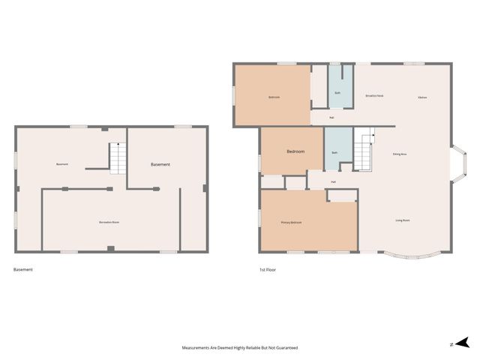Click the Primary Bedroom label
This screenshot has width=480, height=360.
(x=291, y=223)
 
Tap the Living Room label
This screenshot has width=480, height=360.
(x=403, y=220)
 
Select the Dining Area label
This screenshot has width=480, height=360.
(x=400, y=154)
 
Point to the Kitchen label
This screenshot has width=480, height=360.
(x=422, y=97)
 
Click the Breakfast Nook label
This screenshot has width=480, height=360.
(x=374, y=96)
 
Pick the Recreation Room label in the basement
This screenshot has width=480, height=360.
(x=109, y=222)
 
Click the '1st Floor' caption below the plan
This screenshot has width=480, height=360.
(x=267, y=269)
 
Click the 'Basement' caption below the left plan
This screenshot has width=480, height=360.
(x=23, y=269)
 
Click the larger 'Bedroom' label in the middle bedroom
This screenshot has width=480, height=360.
(x=295, y=151)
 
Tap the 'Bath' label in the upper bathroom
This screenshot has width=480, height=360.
(x=337, y=93)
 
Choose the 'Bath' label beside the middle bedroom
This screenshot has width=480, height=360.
(x=334, y=153)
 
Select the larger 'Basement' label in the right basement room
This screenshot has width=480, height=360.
(x=160, y=164)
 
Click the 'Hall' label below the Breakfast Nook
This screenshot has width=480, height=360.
(x=332, y=117)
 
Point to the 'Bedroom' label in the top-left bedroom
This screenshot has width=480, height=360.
(x=274, y=97)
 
